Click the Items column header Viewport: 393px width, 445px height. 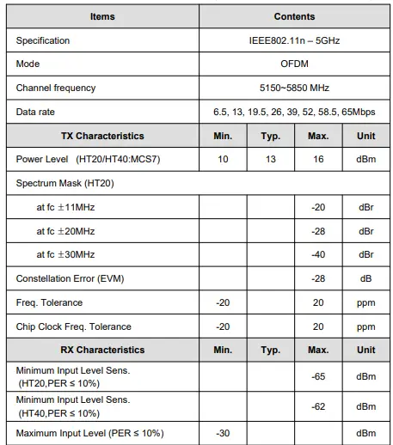tap(102, 16)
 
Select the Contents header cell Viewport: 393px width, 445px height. tap(294, 16)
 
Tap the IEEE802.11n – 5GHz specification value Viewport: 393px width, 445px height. tap(294, 40)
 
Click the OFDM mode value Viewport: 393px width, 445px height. tap(294, 64)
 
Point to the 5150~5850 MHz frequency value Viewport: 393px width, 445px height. tap(294, 88)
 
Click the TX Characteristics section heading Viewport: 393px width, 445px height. tap(102, 136)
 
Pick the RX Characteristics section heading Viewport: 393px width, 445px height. tap(102, 350)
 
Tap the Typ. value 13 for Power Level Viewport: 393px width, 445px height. tap(270, 160)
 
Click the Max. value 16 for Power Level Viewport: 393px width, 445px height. tap(318, 160)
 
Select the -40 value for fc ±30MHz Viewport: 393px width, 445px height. tap(318, 254)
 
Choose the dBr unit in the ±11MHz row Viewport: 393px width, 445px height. tap(366, 207)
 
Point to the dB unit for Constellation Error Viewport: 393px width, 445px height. tap(366, 278)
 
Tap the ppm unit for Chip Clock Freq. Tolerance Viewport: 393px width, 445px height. tap(366, 326)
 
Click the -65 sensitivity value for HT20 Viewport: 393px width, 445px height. tap(318, 376)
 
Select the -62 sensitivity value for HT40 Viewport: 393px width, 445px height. tap(318, 405)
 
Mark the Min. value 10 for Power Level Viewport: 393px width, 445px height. tap(223, 160)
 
